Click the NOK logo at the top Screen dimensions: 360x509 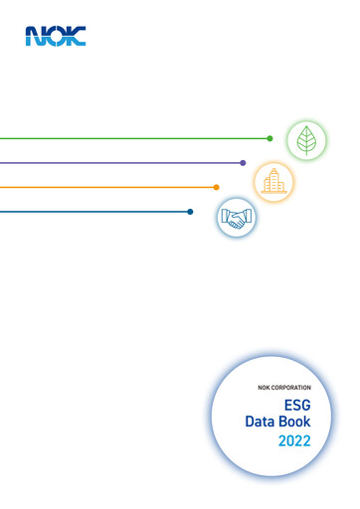point(56,37)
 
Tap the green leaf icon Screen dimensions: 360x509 point(306,140)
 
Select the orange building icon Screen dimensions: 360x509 point(274,180)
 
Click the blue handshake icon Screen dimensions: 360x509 point(237,217)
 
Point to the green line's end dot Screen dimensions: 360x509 point(270,138)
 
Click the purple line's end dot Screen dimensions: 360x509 point(243,162)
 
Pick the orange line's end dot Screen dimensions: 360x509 point(216,187)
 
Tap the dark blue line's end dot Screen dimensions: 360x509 point(190,211)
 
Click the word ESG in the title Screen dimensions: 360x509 point(297,407)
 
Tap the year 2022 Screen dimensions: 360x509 point(295,440)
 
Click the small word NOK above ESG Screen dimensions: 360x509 point(264,387)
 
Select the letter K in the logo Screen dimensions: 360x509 point(76,37)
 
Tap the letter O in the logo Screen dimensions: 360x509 point(55,37)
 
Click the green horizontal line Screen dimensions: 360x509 point(129,138)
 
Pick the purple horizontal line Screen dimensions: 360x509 point(119,162)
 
